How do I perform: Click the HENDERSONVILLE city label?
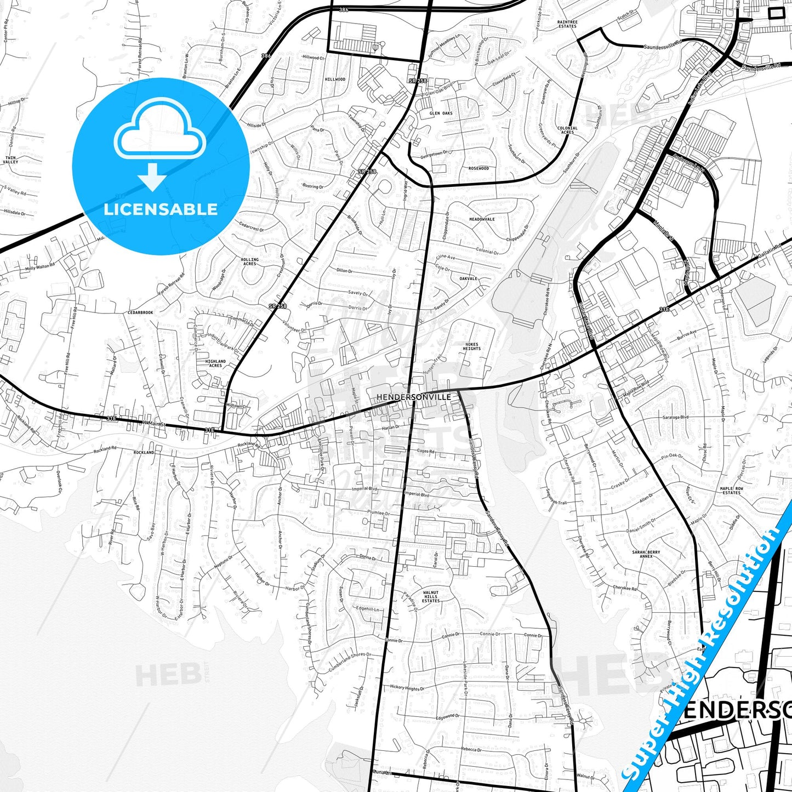point(414,397)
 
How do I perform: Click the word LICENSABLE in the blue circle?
point(161,209)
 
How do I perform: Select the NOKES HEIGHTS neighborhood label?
point(471,346)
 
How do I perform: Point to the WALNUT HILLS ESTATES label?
point(431,596)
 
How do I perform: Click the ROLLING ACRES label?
point(250,261)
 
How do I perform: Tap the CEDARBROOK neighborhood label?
point(140,312)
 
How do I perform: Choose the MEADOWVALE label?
point(482,219)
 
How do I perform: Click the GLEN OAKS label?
point(441,113)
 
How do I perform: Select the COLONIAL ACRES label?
point(567,130)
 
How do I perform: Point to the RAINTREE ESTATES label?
point(567,24)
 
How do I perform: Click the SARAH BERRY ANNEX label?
point(646,554)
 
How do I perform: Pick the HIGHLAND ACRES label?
point(215,363)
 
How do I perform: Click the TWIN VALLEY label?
point(10,160)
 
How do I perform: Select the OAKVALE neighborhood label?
point(468,278)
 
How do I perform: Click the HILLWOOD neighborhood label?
point(335,79)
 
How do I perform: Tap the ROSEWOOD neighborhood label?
point(478,168)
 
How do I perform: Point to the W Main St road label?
point(152,423)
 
